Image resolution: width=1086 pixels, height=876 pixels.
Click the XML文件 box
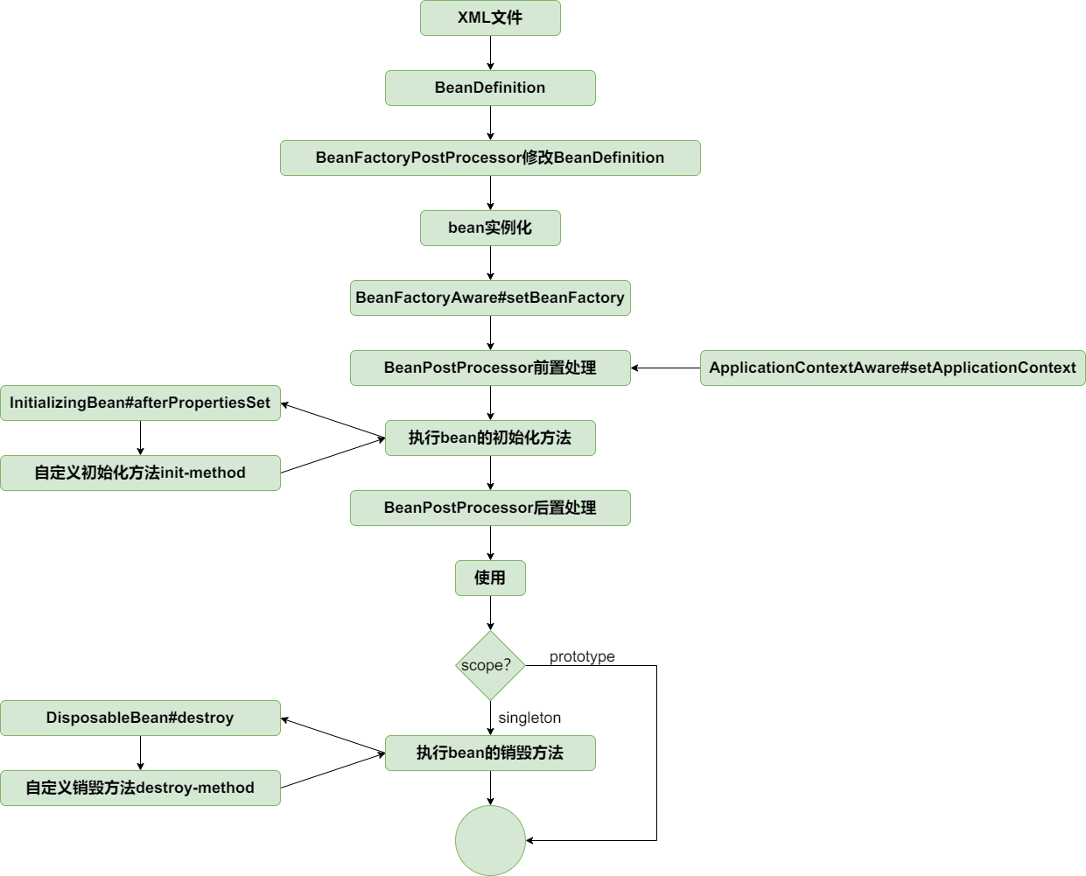pos(490,18)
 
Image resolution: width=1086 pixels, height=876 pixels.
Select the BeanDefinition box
pos(490,88)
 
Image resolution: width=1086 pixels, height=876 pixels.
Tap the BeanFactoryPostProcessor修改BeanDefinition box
pos(490,158)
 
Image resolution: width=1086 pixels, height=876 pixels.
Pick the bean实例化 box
pos(490,228)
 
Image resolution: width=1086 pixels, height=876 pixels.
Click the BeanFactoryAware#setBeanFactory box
pos(490,298)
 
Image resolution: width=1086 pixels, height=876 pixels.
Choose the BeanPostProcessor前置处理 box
pos(490,368)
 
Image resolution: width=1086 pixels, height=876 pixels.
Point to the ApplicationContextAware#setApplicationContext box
pos(893,368)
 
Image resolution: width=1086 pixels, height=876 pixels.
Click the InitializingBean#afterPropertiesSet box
pos(140,403)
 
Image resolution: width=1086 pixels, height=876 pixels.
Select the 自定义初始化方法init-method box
pos(140,473)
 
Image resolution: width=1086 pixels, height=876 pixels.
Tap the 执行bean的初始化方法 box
pos(490,438)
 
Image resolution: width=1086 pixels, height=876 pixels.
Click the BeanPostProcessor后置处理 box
pos(490,508)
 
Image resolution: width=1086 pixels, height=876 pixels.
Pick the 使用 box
pos(490,578)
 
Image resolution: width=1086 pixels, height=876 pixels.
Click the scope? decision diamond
pos(490,666)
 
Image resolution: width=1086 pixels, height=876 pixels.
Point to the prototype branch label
pos(582,657)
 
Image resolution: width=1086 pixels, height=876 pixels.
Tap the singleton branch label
pos(529,718)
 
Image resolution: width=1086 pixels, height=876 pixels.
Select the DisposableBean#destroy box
pos(140,718)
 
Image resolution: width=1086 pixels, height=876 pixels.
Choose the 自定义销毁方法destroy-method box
pos(140,788)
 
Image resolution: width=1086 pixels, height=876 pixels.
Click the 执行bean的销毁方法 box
pos(490,753)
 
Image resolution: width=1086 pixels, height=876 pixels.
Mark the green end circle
pos(490,841)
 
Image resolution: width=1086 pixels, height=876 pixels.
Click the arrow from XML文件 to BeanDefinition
pos(490,53)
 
